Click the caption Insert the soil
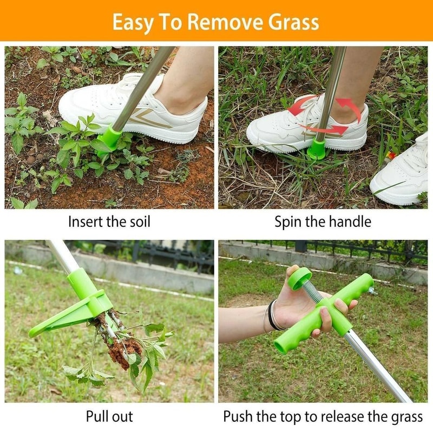click(109, 221)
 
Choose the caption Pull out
click(109, 416)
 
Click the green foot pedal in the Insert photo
click(110, 139)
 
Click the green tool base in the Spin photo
click(317, 148)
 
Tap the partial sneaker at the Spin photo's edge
click(403, 173)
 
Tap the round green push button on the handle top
click(299, 277)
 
